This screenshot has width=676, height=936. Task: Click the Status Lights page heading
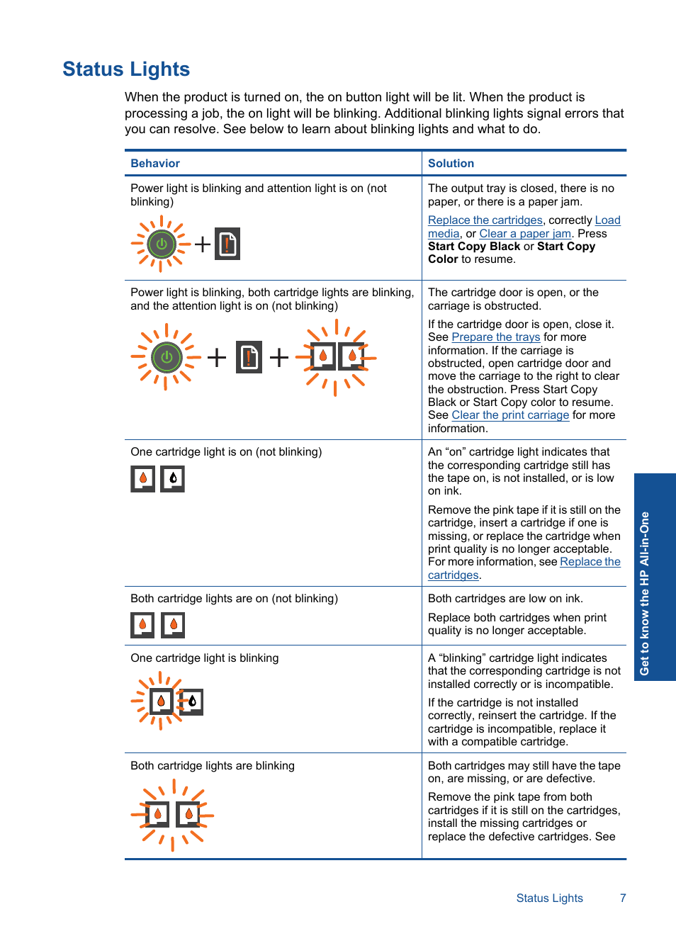(126, 69)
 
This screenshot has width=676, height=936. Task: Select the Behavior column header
(155, 164)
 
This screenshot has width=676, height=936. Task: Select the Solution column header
(451, 164)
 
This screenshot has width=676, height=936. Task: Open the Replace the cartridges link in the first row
(485, 220)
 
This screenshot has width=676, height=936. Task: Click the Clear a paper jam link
(525, 234)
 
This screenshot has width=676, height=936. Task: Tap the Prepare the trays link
(495, 337)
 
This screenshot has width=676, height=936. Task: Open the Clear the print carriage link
(510, 415)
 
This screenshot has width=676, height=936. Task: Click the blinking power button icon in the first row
(161, 244)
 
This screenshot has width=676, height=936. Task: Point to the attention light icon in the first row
(227, 244)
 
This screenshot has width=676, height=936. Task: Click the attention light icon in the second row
(249, 357)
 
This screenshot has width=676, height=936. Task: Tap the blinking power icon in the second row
(167, 357)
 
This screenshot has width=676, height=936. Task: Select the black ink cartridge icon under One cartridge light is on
(173, 479)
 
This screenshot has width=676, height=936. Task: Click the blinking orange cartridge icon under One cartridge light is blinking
(162, 701)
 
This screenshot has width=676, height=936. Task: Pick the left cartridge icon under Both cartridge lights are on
(142, 625)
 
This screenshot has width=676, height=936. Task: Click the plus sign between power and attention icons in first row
(203, 244)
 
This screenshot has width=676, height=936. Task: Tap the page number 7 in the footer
(623, 898)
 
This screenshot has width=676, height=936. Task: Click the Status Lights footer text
(549, 898)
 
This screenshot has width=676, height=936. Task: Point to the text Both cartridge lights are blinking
(213, 766)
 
